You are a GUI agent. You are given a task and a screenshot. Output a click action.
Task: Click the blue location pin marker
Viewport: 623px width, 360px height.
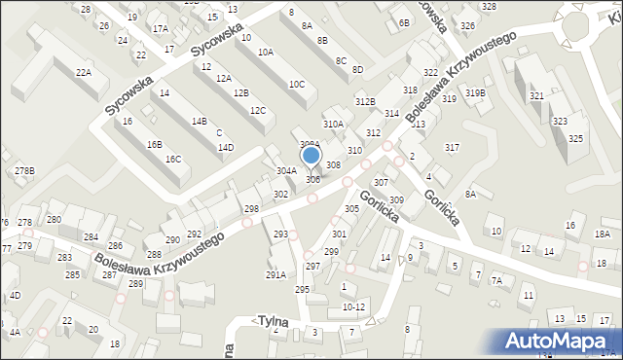[x=311, y=155]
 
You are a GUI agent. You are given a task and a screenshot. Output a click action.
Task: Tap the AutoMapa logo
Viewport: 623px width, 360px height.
[x=559, y=341]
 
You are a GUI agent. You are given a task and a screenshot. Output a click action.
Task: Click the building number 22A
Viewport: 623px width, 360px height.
[x=84, y=72]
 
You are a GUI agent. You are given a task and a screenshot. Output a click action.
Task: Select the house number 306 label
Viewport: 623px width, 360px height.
[x=312, y=179]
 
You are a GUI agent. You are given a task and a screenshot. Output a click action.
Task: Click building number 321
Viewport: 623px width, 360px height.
[x=536, y=96]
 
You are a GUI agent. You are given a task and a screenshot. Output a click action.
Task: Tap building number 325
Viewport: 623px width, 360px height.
[x=575, y=139]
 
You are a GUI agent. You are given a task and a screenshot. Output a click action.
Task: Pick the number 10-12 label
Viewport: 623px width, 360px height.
[x=352, y=307]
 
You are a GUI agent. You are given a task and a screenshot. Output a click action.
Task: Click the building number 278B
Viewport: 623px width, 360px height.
[x=24, y=171]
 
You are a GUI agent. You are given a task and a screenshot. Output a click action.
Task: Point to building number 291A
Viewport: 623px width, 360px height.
[x=275, y=274]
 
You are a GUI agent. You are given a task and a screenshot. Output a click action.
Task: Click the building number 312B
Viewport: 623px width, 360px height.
[x=365, y=101]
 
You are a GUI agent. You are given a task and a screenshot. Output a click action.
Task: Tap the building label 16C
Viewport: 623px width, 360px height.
[x=173, y=159]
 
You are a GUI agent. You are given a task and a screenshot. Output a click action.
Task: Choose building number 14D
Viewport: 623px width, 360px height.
[x=226, y=148]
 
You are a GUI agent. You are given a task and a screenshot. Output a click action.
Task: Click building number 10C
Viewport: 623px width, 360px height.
[x=297, y=85]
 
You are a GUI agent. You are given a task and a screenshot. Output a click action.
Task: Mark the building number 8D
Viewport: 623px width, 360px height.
[x=357, y=69]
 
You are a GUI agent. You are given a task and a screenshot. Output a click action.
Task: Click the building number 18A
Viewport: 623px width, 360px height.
[x=603, y=234]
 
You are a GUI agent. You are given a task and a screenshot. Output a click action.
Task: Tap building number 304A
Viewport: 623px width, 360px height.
[x=286, y=170]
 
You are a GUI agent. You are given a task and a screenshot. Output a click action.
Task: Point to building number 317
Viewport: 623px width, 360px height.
[x=452, y=147]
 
